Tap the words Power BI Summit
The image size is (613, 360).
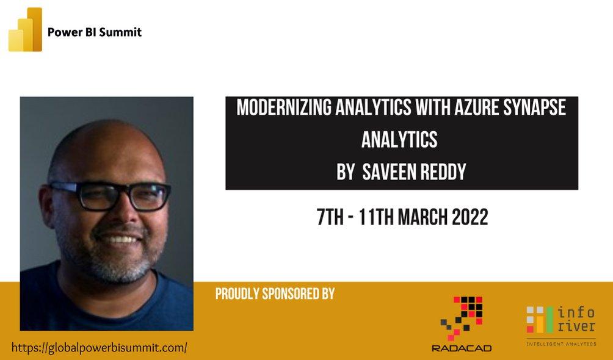(95, 32)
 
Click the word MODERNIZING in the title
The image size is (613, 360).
(283, 108)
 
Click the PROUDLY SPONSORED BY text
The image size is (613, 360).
(275, 293)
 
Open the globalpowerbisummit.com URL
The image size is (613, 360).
(99, 348)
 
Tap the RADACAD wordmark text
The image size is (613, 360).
(462, 348)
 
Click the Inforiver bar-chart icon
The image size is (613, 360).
(539, 320)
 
